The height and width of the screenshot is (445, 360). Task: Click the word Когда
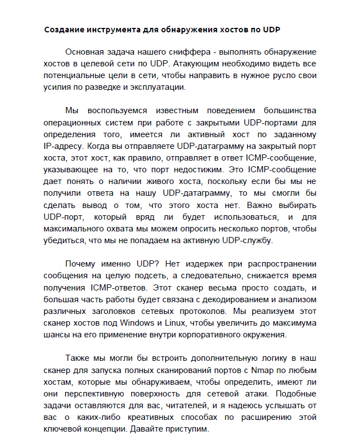(x=98, y=146)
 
